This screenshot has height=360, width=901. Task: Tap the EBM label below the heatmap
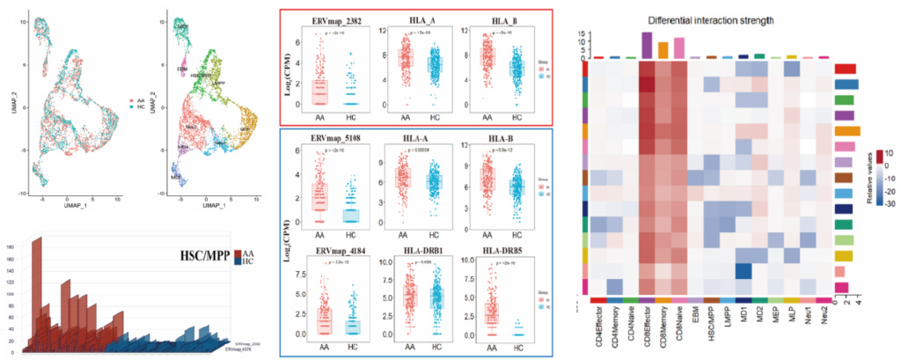click(695, 319)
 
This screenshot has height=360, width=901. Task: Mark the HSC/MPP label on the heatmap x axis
click(711, 328)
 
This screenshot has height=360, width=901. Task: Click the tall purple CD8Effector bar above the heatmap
click(647, 44)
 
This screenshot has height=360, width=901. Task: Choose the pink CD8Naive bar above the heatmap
click(678, 48)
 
